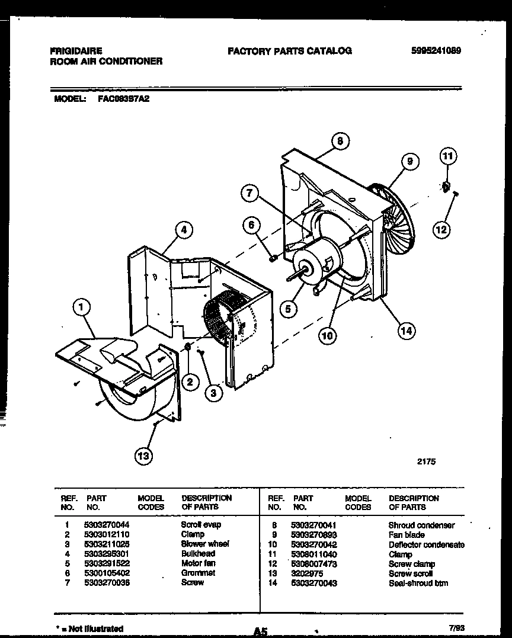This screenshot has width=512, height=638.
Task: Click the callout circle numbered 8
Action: click(x=339, y=141)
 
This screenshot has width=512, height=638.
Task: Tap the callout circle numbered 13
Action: click(x=143, y=456)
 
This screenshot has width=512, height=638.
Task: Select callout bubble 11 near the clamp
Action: click(x=448, y=157)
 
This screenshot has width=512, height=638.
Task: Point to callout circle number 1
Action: click(x=81, y=306)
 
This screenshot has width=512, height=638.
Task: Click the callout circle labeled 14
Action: click(x=405, y=331)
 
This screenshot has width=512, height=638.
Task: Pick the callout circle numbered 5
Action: click(x=288, y=308)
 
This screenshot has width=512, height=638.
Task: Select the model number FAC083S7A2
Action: click(x=123, y=100)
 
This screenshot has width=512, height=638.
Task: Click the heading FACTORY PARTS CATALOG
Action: click(x=289, y=51)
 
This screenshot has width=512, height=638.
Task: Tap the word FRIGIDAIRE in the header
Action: click(x=76, y=51)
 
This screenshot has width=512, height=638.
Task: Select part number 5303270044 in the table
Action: click(x=107, y=525)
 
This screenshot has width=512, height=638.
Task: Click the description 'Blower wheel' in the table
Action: click(x=204, y=544)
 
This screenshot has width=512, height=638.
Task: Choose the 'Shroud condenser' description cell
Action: click(x=421, y=525)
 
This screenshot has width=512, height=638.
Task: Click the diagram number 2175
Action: click(x=425, y=461)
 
